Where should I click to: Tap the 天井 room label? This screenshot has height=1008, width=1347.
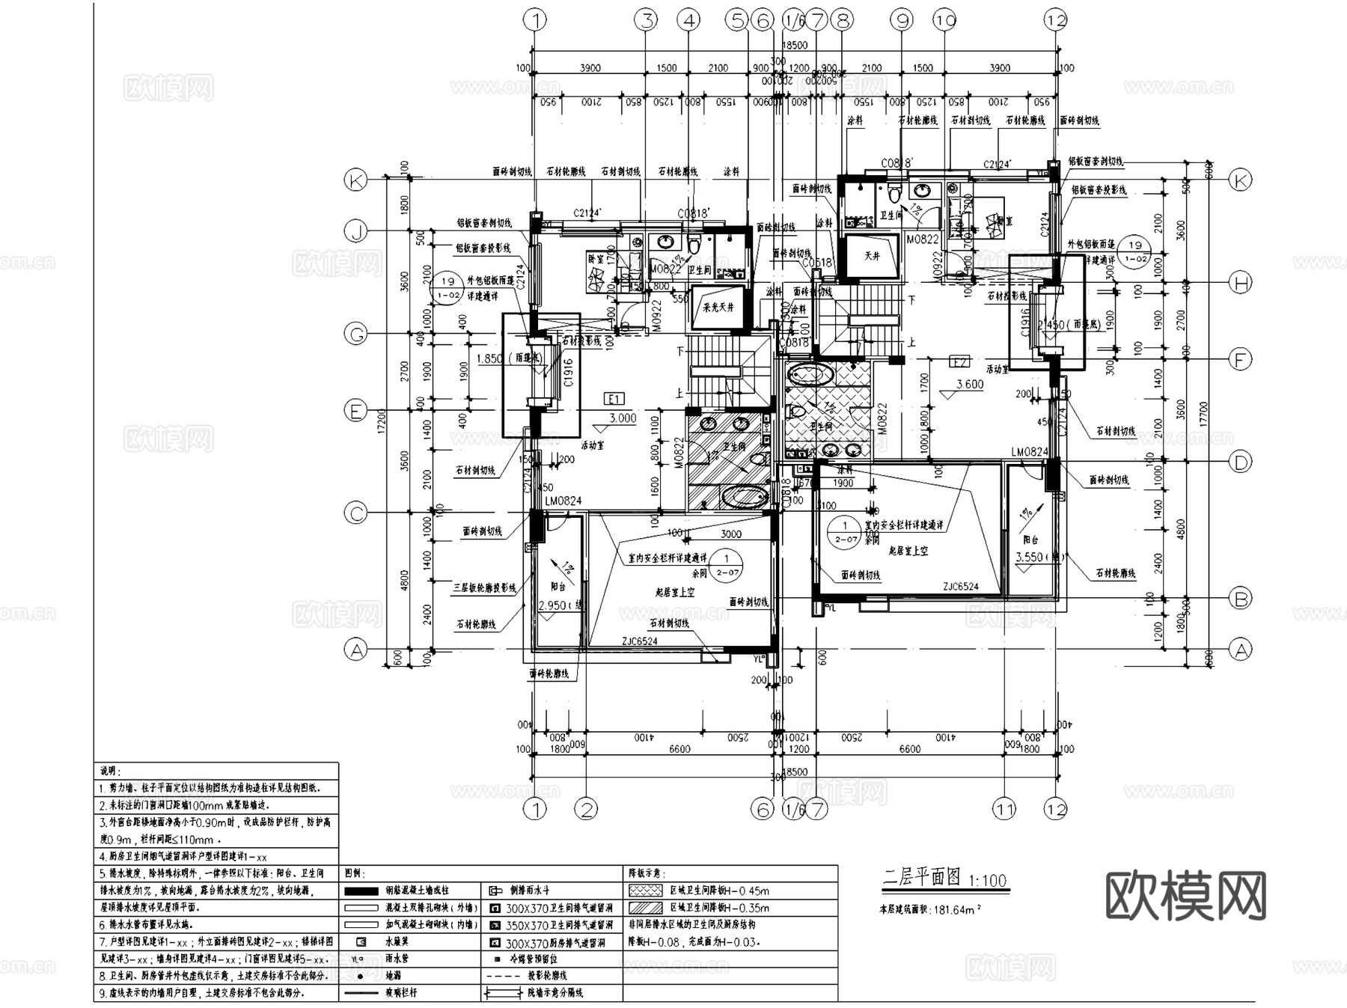[x=872, y=257]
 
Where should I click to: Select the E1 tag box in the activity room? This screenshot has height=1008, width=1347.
[x=614, y=399]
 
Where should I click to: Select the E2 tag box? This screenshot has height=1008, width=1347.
[x=959, y=362]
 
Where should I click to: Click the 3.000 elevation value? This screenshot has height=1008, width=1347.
[x=623, y=418]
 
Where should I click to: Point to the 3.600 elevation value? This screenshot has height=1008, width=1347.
[x=970, y=385]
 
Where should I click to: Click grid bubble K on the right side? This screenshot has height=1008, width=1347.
[x=1241, y=180]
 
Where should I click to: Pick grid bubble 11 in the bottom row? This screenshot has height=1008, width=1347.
[x=1004, y=809]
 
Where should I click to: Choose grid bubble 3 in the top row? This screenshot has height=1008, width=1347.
[x=647, y=20]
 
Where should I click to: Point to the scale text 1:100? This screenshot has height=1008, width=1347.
[x=988, y=881]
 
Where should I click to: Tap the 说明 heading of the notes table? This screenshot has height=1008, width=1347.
[x=111, y=771]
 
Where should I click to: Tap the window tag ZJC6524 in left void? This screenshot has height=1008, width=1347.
[x=640, y=641]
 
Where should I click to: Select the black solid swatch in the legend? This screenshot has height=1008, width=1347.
[x=361, y=891]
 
